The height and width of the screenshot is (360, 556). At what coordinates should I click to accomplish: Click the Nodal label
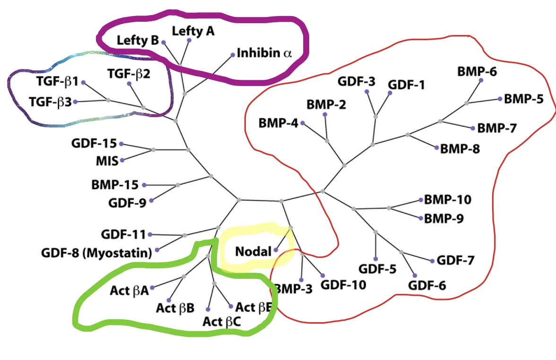click(x=253, y=251)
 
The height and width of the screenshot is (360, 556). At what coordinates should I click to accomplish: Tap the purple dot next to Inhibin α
click(x=233, y=55)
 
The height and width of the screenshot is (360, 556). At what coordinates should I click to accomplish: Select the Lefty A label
click(x=193, y=31)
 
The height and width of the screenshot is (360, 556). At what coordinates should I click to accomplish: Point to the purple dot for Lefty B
click(x=164, y=42)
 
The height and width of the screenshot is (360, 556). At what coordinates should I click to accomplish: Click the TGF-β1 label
click(x=57, y=81)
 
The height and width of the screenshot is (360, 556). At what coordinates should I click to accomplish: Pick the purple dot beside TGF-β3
click(x=75, y=102)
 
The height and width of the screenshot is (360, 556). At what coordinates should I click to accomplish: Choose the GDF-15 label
click(x=94, y=143)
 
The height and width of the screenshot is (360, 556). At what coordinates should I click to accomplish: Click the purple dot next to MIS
click(x=122, y=160)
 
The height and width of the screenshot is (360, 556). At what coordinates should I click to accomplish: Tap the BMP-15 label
click(x=115, y=185)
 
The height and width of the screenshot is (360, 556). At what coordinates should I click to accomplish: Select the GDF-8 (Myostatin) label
click(x=96, y=253)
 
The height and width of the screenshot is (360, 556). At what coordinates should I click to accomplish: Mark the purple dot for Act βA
click(x=152, y=288)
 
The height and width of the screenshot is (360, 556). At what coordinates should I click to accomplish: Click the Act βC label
click(x=222, y=321)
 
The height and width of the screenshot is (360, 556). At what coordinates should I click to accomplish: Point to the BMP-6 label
click(x=477, y=72)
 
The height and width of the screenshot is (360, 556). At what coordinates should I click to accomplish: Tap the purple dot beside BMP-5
click(x=500, y=99)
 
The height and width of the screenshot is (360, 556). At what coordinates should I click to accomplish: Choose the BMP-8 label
click(x=460, y=149)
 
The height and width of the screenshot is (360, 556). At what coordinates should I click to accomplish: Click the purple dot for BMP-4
click(x=303, y=123)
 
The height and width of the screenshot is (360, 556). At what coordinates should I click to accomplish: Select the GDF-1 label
click(x=407, y=85)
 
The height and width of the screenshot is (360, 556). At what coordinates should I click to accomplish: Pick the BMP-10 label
click(x=447, y=199)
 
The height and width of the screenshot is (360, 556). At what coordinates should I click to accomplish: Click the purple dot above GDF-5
click(x=375, y=259)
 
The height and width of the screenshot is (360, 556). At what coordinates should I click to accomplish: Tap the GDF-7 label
click(x=455, y=260)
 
